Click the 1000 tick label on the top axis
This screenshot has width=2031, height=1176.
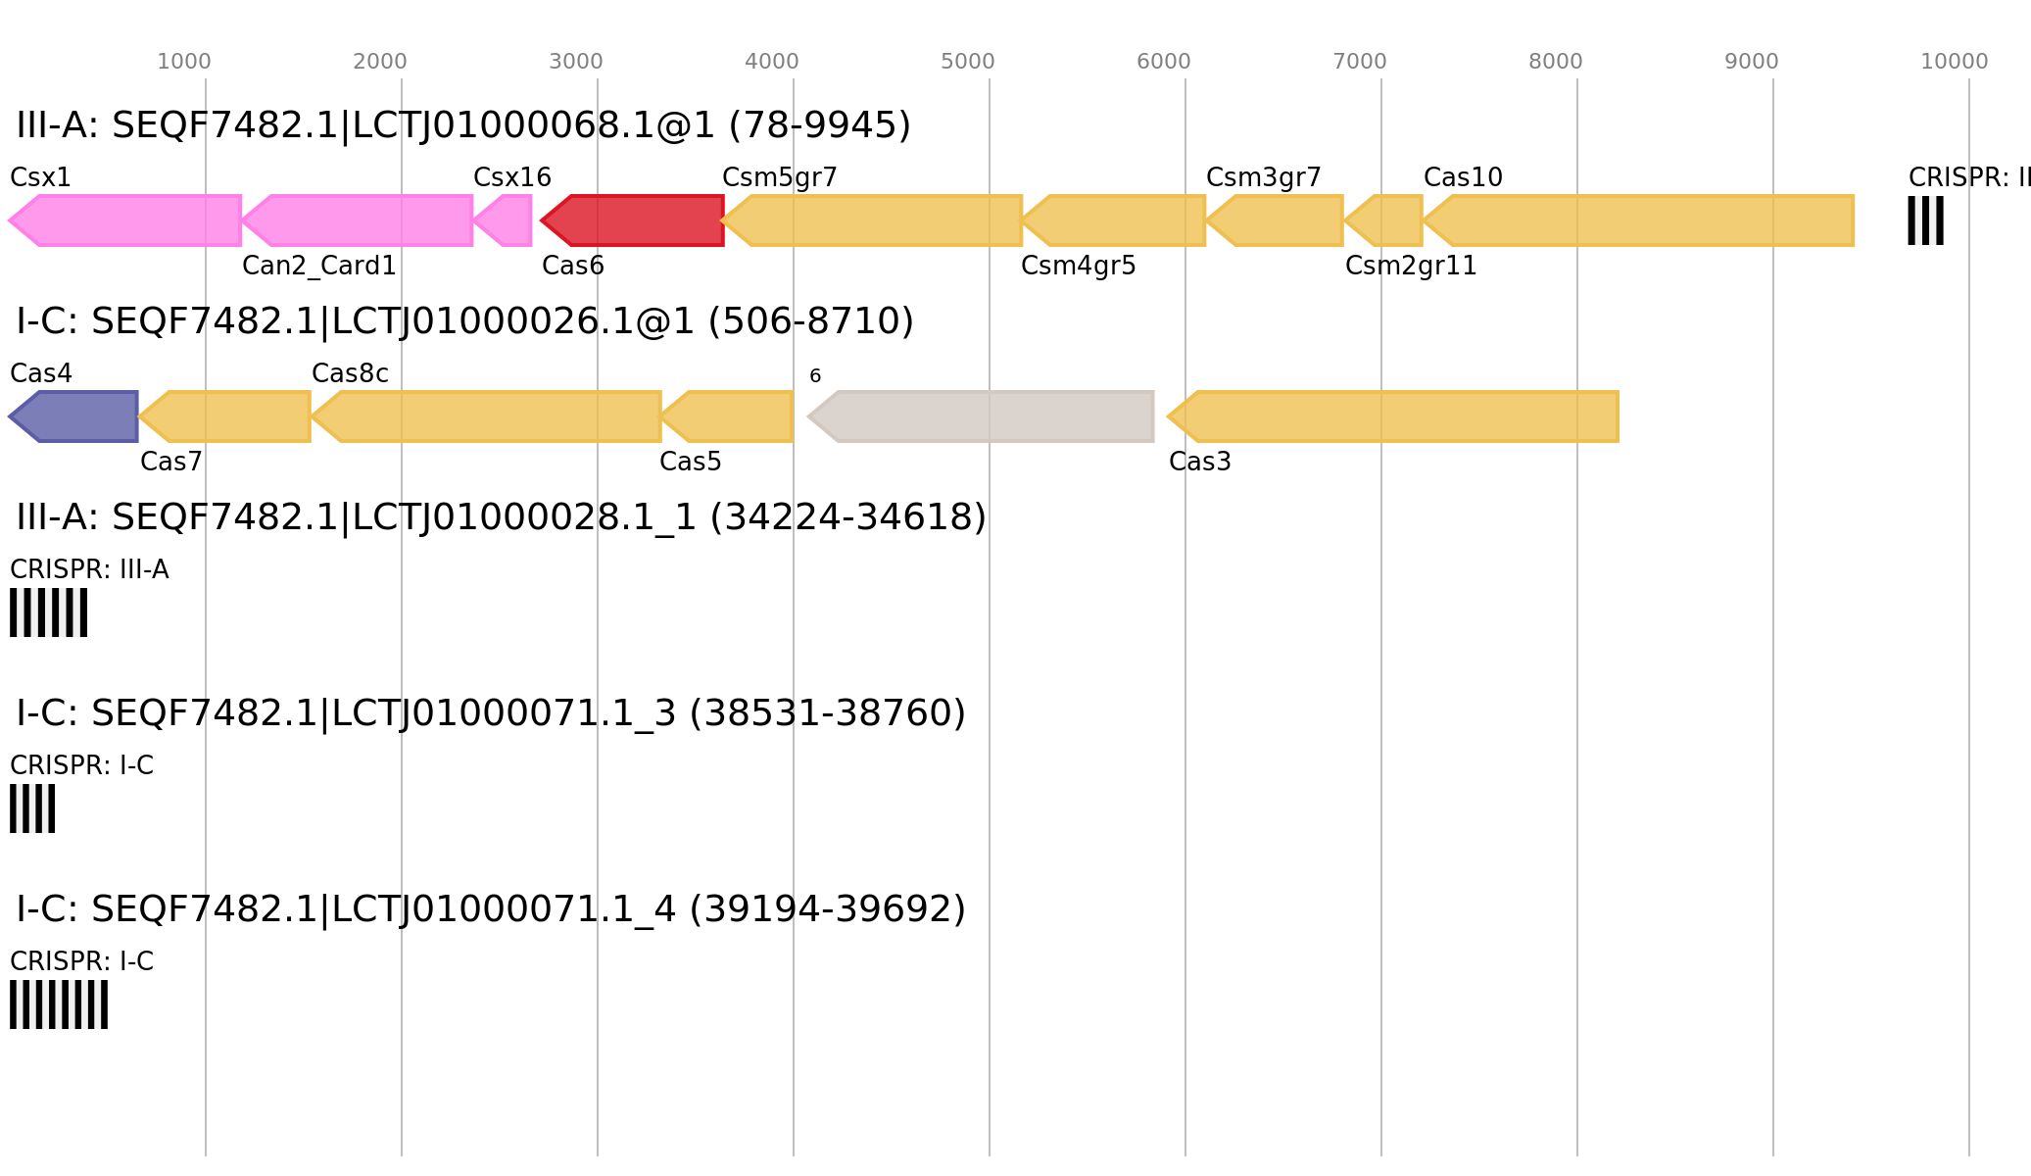pos(184,62)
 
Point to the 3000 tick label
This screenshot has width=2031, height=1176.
pos(576,62)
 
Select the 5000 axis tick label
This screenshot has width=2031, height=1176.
pos(968,62)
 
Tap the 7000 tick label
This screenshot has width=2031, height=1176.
pos(1360,62)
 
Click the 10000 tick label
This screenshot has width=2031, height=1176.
pos(1954,62)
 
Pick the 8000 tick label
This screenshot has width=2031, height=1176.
pos(1556,62)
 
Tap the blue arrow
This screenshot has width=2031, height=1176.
pos(74,416)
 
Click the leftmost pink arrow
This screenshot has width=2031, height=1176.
pos(127,220)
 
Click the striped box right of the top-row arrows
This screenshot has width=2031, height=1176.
pos(1925,220)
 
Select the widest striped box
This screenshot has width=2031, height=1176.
pos(59,1004)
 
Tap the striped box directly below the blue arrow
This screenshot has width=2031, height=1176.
pos(48,612)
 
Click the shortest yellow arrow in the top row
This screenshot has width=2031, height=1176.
pos(1385,220)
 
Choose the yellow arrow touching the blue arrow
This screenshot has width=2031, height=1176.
pos(226,416)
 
